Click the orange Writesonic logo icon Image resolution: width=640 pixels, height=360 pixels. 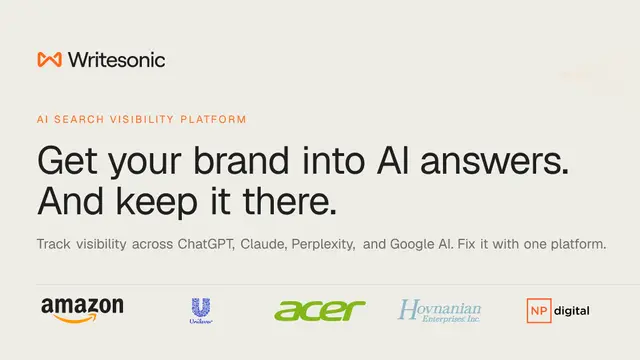[x=49, y=60]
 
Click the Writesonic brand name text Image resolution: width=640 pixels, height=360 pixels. [x=117, y=60]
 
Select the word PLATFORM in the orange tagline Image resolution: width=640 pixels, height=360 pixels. [x=213, y=119]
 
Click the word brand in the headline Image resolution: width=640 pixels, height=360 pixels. [x=241, y=160]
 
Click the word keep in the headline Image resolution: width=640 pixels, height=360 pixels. [x=156, y=200]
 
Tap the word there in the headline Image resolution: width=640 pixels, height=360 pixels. [x=290, y=200]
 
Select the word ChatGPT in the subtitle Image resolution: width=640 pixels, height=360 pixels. [x=206, y=244]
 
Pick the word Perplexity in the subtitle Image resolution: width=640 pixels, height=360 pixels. [x=323, y=244]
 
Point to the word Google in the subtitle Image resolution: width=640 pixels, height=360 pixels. [x=412, y=244]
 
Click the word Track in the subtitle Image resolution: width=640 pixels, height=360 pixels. [x=53, y=244]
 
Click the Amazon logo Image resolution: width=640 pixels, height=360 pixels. [x=82, y=310]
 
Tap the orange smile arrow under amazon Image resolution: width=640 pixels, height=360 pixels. [x=75, y=318]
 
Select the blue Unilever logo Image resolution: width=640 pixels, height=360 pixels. [x=201, y=311]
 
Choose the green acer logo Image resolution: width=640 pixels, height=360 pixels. [x=320, y=311]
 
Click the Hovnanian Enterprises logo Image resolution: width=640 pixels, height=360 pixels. [x=440, y=311]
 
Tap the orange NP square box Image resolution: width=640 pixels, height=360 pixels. [x=539, y=311]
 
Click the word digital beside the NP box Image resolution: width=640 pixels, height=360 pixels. [x=572, y=311]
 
